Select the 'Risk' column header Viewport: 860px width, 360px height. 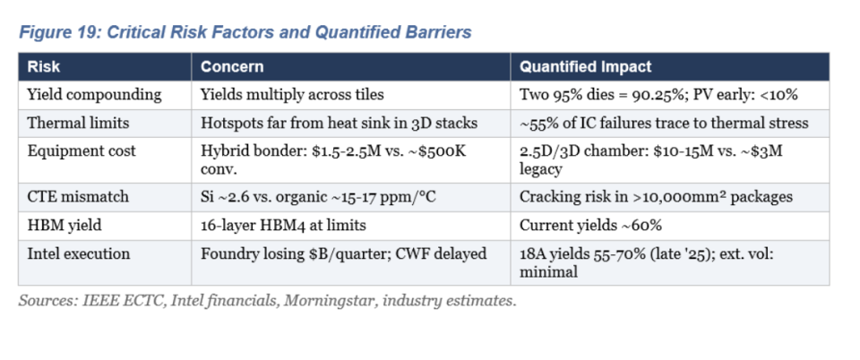coord(43,67)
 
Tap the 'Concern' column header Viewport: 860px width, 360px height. coord(232,67)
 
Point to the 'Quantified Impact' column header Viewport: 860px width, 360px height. coord(585,67)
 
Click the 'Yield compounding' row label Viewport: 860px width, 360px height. coord(94,94)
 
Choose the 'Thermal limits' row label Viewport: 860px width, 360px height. coord(79,123)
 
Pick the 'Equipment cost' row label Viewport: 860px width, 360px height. coord(82,151)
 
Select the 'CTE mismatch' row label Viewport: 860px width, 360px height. coord(78,197)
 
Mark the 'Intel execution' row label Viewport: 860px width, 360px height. coord(79,253)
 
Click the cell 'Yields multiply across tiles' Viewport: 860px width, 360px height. coord(292,94)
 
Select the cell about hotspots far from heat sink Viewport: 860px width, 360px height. coord(339,123)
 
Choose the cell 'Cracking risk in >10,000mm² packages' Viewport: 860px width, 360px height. coord(656,197)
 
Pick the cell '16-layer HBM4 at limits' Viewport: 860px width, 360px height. coord(283,225)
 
